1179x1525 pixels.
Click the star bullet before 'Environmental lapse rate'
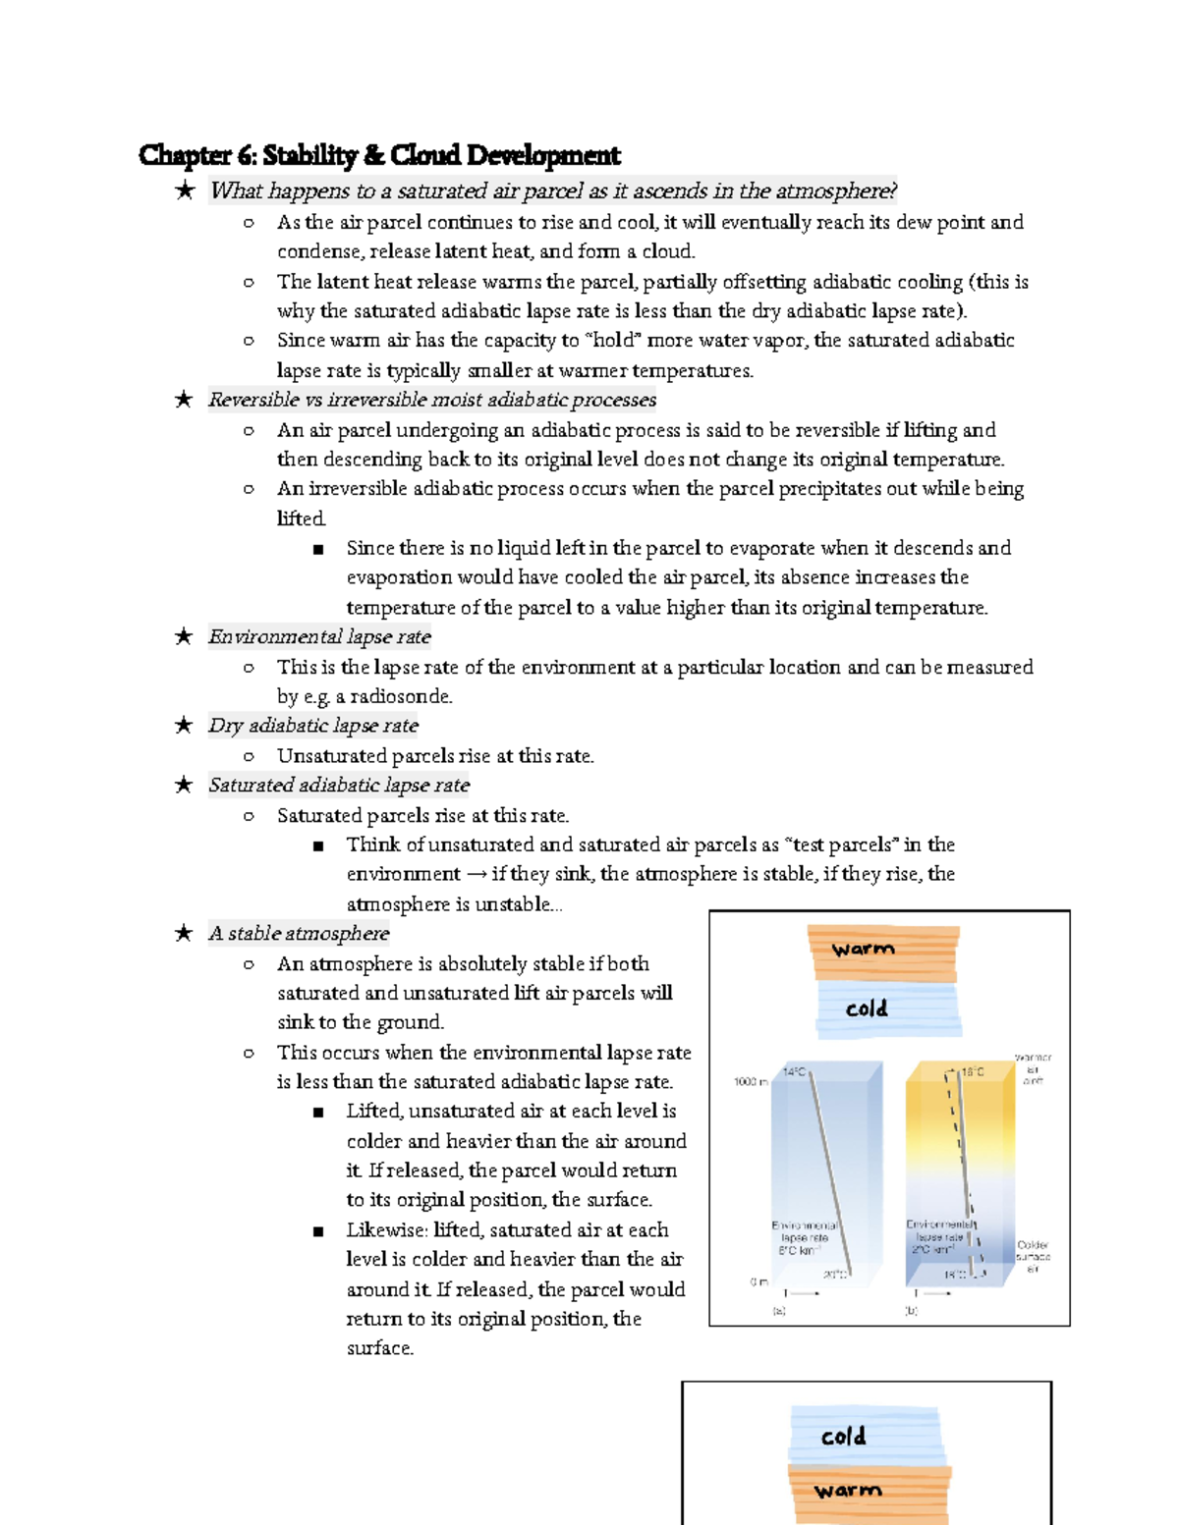[x=184, y=636]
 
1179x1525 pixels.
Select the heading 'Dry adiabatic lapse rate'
[x=312, y=726]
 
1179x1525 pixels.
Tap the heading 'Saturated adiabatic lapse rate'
[x=338, y=785]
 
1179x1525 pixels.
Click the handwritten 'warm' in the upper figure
[x=863, y=950]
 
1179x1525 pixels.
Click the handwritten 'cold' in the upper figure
[x=867, y=1008]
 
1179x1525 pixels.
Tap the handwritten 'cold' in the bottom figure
[x=843, y=1437]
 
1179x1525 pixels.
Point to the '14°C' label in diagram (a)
[x=794, y=1071]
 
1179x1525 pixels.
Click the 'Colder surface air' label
[x=1033, y=1257]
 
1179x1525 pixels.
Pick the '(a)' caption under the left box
[x=779, y=1310]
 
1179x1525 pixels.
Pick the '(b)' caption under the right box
[x=912, y=1310]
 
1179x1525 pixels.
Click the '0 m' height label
[x=758, y=1281]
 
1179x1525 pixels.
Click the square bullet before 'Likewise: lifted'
[x=317, y=1230]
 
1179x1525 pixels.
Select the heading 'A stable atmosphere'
[x=299, y=933]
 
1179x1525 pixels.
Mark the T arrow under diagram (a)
[x=801, y=1293]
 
